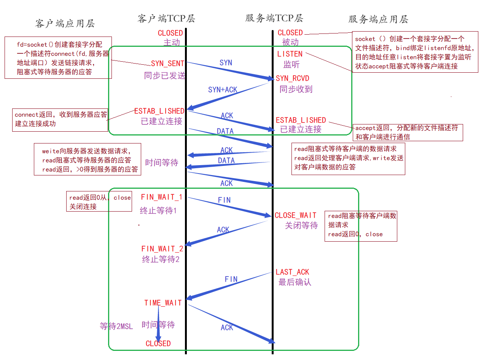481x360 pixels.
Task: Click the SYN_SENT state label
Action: click(167, 64)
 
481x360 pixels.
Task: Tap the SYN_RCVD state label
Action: click(292, 78)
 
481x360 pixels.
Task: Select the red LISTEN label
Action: click(290, 54)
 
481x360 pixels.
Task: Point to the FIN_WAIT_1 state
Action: click(161, 197)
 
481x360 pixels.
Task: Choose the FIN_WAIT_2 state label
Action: click(162, 249)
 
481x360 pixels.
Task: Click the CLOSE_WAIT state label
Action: click(295, 215)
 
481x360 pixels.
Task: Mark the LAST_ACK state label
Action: click(292, 272)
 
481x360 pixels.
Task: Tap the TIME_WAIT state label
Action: click(163, 303)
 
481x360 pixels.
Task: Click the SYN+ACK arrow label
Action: click(223, 90)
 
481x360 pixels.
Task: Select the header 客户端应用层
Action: click(65, 23)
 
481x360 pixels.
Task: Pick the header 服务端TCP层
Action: click(274, 18)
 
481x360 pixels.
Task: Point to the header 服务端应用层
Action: click(378, 19)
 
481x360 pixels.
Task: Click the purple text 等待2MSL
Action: click(116, 327)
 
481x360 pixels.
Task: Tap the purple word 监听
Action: click(291, 64)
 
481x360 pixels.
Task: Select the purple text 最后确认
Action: click(295, 282)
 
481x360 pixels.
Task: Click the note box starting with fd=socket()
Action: click(58, 58)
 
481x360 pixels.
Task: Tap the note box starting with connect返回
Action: click(61, 119)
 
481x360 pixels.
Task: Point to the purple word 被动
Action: click(290, 42)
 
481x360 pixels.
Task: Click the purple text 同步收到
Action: click(296, 89)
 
